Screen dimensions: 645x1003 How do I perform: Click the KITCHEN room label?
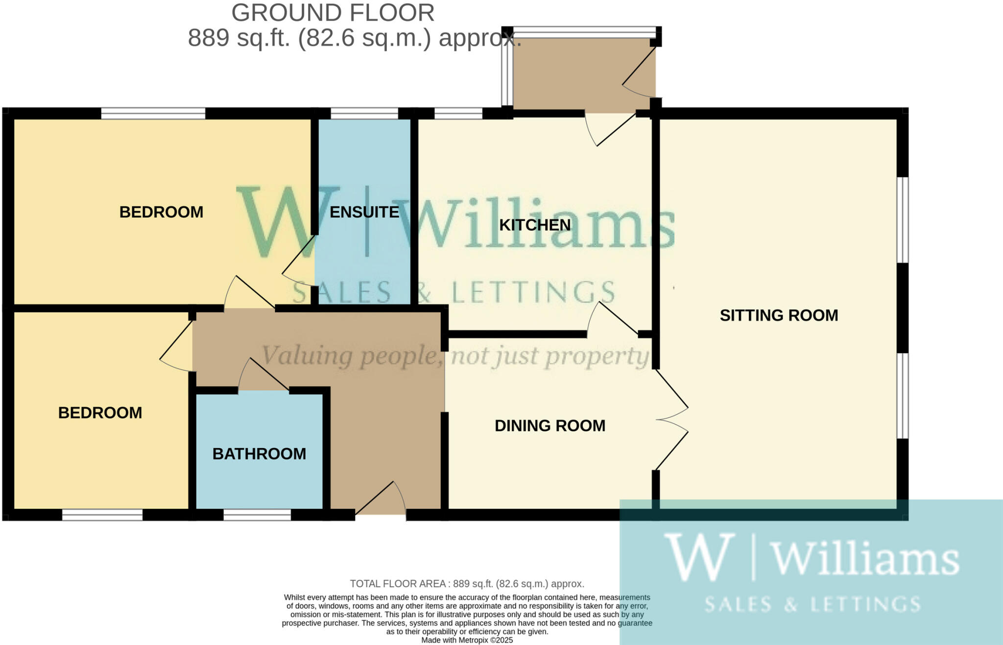click(535, 225)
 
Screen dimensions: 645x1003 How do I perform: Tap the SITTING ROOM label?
click(779, 315)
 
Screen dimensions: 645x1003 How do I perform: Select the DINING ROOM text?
click(550, 426)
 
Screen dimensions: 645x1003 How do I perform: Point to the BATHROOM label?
click(259, 454)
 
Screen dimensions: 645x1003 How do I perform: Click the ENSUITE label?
click(364, 212)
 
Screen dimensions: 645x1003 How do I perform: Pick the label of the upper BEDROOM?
click(161, 212)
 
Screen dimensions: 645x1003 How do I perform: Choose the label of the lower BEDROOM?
click(100, 413)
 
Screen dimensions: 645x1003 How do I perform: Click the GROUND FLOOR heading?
click(333, 13)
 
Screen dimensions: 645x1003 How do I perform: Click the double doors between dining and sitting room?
click(672, 420)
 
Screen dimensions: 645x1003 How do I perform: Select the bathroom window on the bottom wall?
click(257, 515)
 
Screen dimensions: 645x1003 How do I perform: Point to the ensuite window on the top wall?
click(364, 114)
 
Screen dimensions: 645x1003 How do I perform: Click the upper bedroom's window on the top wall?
click(153, 114)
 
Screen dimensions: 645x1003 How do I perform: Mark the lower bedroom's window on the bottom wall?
click(102, 515)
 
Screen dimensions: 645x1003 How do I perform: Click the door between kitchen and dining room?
click(612, 321)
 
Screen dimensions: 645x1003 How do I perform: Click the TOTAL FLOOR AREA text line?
click(467, 584)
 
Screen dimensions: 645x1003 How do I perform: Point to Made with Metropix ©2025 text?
click(467, 640)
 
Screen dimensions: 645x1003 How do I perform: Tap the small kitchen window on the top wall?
click(458, 114)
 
